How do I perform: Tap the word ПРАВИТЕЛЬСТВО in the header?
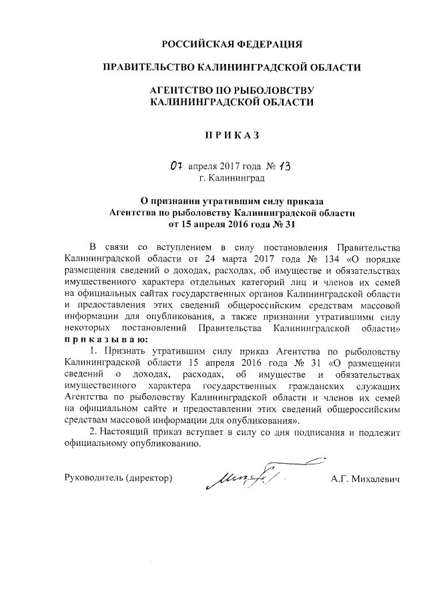[145, 67]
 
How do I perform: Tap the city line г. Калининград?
[232, 178]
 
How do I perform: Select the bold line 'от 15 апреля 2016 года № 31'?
[232, 225]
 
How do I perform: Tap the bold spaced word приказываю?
[101, 340]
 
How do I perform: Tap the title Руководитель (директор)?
[118, 478]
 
